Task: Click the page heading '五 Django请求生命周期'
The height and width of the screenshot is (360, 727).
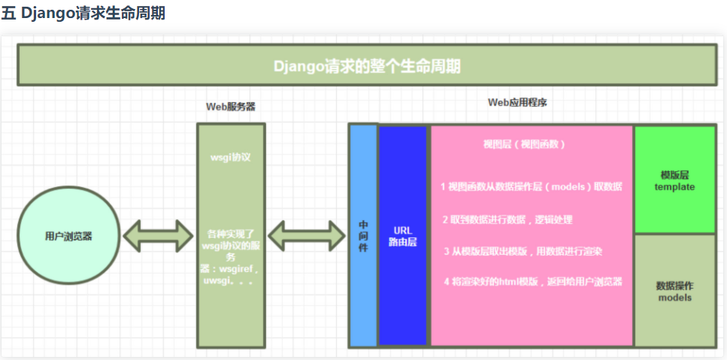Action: point(83,14)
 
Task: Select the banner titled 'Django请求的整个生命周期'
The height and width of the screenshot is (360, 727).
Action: point(366,65)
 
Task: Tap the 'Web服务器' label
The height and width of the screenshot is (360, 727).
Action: point(230,107)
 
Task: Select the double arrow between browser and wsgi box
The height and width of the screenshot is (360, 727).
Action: point(159,236)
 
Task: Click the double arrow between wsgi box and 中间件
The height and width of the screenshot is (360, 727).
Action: point(306,236)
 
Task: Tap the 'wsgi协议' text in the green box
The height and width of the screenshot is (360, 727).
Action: point(230,159)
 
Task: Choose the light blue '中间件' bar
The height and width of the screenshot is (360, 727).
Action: point(363,236)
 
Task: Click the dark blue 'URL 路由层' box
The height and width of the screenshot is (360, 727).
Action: point(403,236)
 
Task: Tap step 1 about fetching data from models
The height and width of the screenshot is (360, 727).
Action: point(531,186)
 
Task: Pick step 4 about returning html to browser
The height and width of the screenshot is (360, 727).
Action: point(533,282)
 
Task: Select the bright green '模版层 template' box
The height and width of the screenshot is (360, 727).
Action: point(674,180)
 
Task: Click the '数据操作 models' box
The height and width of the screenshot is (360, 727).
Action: point(674,291)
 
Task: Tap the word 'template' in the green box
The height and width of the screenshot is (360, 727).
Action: point(674,187)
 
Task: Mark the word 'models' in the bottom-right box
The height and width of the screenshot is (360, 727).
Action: point(674,298)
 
